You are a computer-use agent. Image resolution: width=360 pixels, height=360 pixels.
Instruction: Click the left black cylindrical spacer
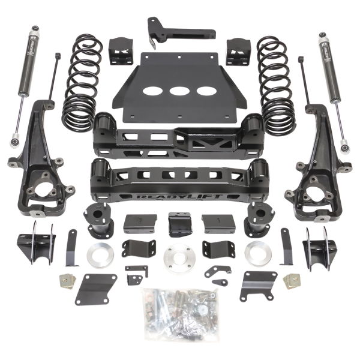pyautogui.click(x=97, y=220)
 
